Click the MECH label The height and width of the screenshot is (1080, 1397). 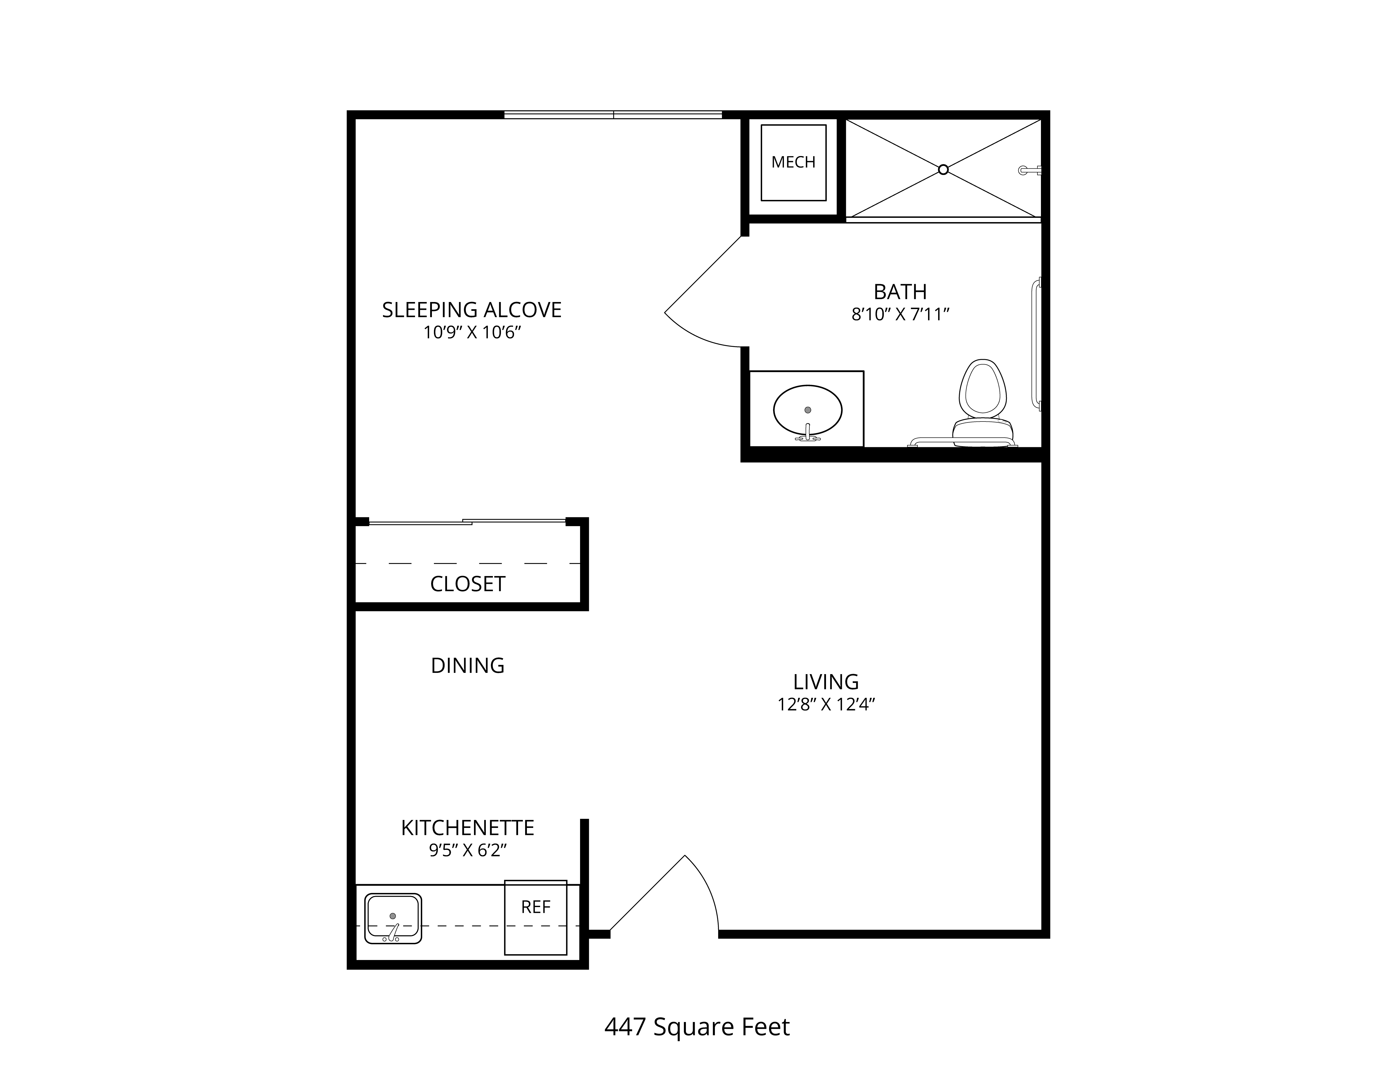(793, 163)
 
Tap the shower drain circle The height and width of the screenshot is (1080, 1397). (943, 170)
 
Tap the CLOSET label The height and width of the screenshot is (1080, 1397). (468, 584)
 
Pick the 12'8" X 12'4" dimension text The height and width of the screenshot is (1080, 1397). (826, 704)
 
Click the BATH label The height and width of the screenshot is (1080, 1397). (900, 292)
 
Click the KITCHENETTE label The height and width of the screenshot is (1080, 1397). (468, 828)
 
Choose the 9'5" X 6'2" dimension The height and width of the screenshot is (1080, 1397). (468, 850)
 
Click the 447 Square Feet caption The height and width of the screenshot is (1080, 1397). (697, 1027)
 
